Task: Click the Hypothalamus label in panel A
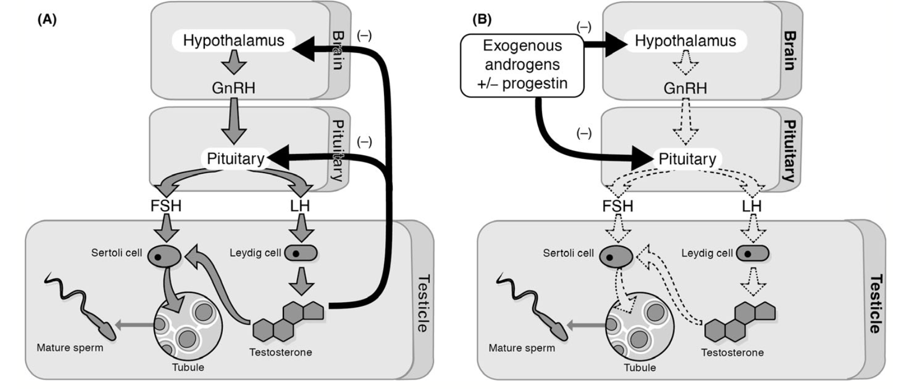(x=233, y=41)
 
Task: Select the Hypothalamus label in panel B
(x=685, y=41)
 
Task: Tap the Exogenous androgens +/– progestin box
(x=522, y=65)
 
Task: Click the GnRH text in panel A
(x=233, y=88)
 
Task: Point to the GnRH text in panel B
(x=685, y=88)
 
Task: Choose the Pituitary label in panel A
(x=235, y=159)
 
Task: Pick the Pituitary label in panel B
(x=687, y=159)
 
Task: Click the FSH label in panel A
(x=166, y=206)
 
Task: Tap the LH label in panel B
(x=751, y=206)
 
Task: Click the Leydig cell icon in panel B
(x=752, y=254)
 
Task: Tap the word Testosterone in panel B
(x=732, y=353)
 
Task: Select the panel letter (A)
(x=47, y=20)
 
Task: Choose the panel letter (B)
(x=482, y=20)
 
